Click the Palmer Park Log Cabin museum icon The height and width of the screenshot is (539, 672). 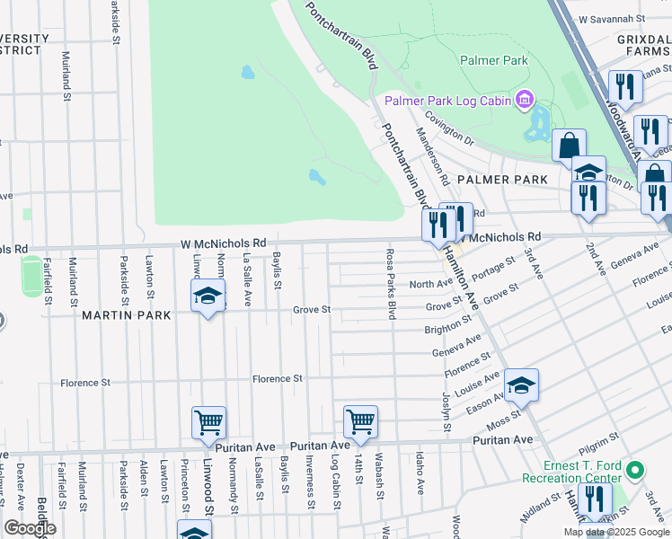(524, 100)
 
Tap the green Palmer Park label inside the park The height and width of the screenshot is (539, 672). (493, 61)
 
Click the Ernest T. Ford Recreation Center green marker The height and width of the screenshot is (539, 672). (636, 470)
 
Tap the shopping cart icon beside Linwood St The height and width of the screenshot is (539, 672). (208, 421)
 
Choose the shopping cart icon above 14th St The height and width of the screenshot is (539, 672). (360, 420)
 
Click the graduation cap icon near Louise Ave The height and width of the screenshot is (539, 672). (521, 384)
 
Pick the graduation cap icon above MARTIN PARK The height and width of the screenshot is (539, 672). (208, 296)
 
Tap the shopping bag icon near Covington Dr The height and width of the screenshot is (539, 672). (569, 145)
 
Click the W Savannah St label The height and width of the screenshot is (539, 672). (613, 18)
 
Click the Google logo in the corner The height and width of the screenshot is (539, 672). (30, 528)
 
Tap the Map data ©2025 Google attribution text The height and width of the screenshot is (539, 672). (615, 532)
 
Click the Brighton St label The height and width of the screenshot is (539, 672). (449, 330)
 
